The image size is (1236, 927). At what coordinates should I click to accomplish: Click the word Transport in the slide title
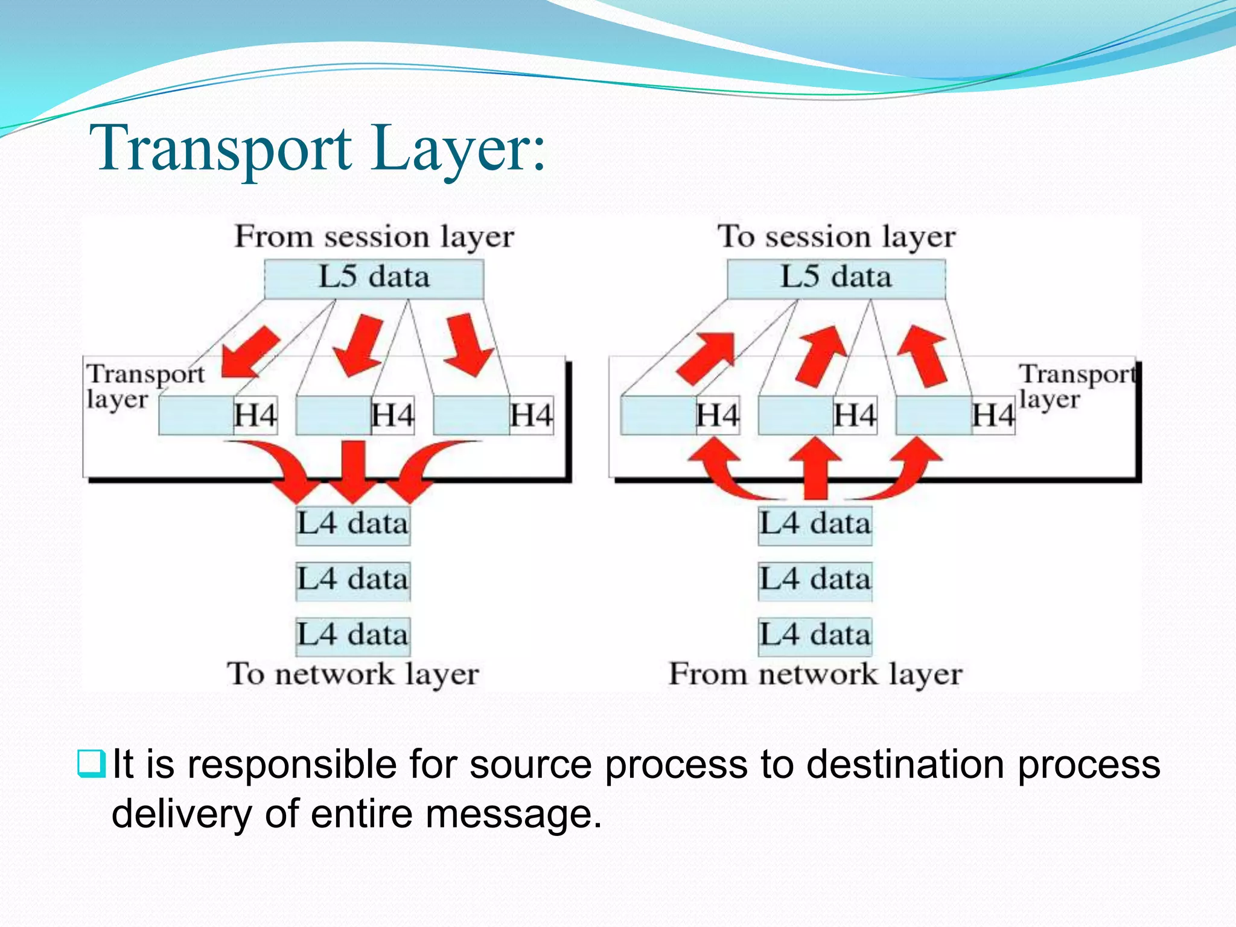tap(220, 149)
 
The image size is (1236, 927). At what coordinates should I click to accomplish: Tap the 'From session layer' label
tap(374, 237)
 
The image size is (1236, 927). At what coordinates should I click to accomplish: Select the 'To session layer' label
tap(836, 237)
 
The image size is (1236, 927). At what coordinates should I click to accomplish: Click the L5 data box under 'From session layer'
tap(374, 278)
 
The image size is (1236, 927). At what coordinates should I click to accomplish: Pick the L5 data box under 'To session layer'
tap(836, 278)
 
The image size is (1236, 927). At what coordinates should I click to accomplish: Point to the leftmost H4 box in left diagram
tap(255, 415)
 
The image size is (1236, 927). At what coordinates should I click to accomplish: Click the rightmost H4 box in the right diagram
tap(993, 415)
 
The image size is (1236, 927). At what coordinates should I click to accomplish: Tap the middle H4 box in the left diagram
tap(393, 415)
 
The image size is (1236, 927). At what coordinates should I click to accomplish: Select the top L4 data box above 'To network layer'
tap(353, 524)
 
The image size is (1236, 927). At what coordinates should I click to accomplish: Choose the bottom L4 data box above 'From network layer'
tap(815, 636)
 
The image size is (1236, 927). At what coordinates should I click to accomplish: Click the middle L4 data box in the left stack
tap(353, 580)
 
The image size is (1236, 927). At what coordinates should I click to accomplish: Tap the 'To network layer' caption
tap(353, 674)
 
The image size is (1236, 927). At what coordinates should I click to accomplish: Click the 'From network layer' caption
tap(815, 674)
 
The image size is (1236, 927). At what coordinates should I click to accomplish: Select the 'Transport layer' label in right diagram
tap(1077, 386)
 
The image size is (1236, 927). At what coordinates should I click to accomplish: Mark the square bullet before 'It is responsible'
tap(92, 763)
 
